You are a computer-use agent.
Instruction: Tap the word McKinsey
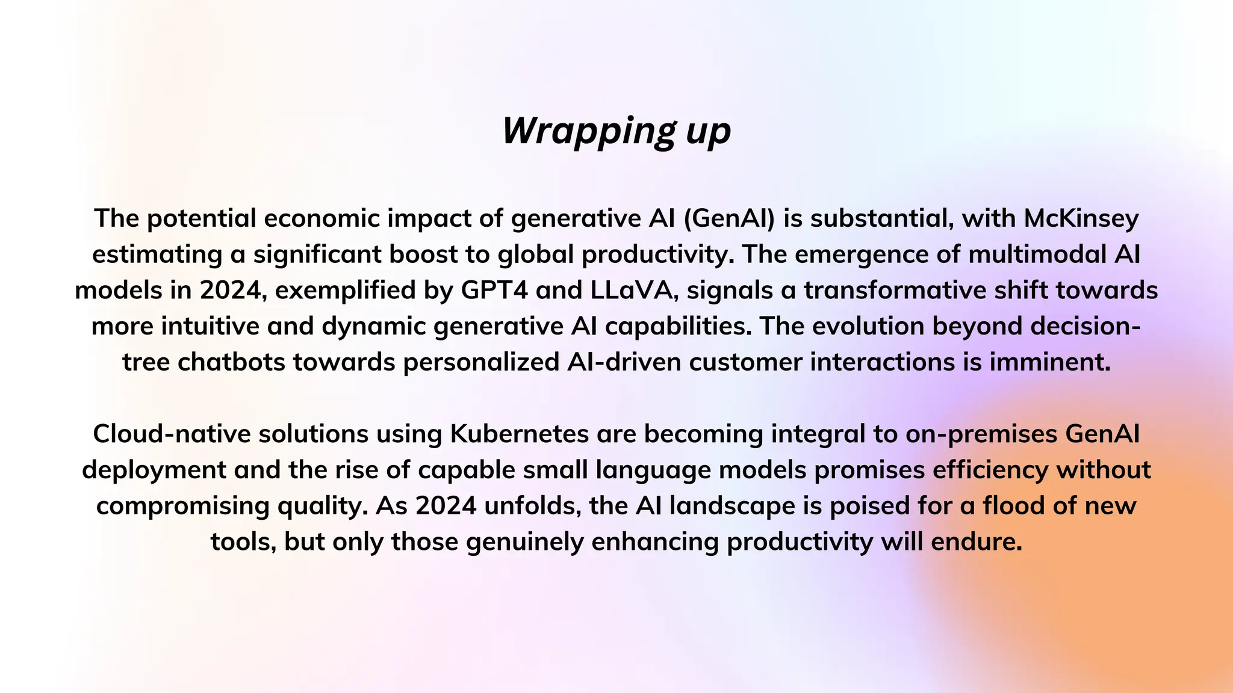1081,218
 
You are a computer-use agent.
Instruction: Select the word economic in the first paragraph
322,218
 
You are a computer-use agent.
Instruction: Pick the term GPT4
494,290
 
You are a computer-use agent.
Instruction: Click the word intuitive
210,326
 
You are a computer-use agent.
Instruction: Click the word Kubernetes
520,434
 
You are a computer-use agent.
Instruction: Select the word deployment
154,470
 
